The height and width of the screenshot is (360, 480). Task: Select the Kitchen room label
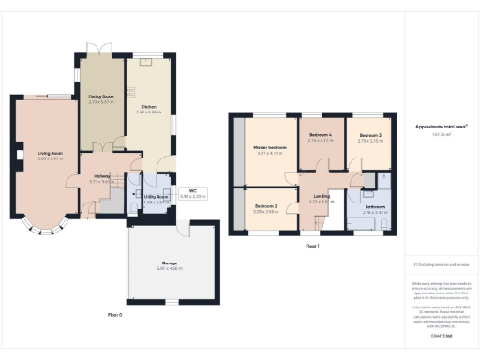(148, 107)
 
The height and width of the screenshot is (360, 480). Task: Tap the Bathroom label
(375, 208)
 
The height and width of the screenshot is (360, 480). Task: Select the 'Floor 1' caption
(312, 246)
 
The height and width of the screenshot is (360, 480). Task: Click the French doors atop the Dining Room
(100, 49)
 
